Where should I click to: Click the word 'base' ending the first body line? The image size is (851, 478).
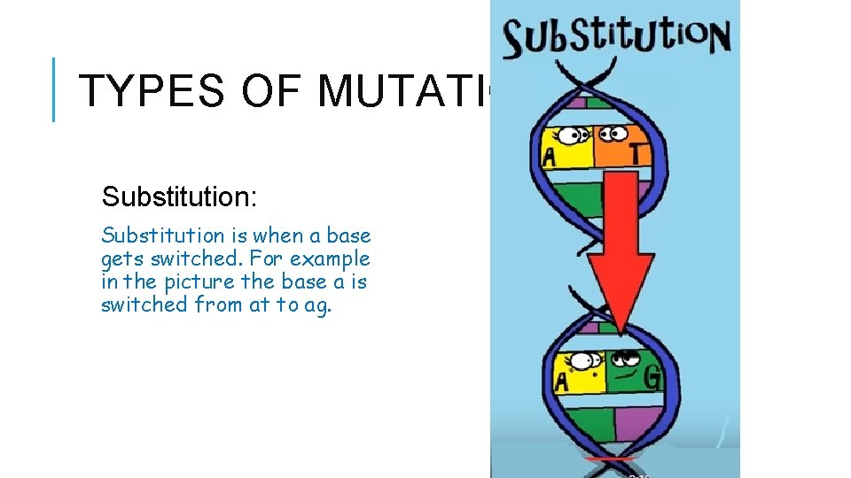(348, 235)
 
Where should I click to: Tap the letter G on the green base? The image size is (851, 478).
(652, 379)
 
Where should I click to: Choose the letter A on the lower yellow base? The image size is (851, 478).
(561, 382)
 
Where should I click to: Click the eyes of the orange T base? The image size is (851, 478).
(612, 135)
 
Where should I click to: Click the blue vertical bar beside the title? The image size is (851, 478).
(55, 89)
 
